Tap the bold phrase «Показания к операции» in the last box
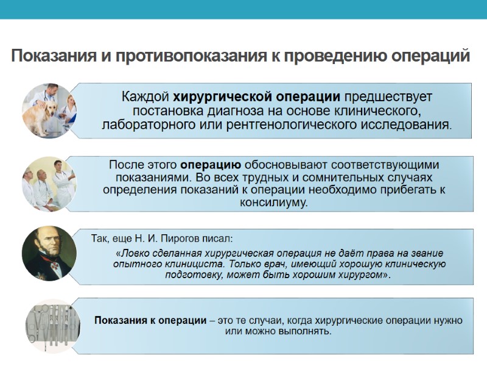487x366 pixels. click(x=150, y=320)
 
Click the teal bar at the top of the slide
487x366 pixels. click(x=243, y=9)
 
